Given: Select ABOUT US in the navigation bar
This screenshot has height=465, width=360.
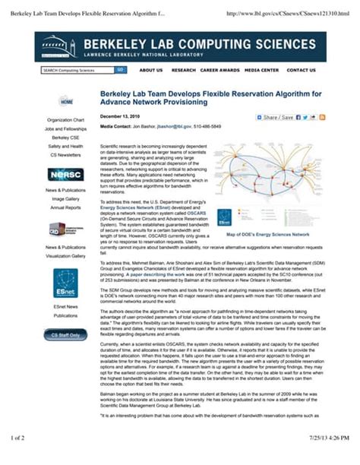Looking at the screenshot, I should pyautogui.click(x=151, y=70).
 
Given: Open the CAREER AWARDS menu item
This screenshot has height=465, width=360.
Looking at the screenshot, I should pyautogui.click(x=219, y=70).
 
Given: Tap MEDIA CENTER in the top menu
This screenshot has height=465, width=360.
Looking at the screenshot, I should pyautogui.click(x=261, y=70).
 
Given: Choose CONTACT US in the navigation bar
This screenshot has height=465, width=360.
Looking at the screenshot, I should pyautogui.click(x=302, y=70).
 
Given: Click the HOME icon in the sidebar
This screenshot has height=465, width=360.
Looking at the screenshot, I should pyautogui.click(x=67, y=101).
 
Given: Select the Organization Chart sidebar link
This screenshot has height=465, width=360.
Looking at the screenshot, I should pyautogui.click(x=66, y=120).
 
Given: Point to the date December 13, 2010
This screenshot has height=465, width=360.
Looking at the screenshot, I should pyautogui.click(x=120, y=116).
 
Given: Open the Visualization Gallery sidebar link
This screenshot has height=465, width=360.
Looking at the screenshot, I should pyautogui.click(x=65, y=256).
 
